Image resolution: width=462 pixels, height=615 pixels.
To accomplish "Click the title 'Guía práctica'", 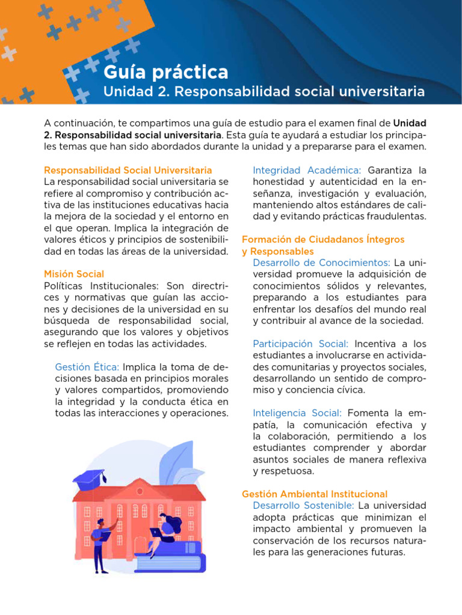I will tap(166, 73).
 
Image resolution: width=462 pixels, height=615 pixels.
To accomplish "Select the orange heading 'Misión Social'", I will tap(74, 274).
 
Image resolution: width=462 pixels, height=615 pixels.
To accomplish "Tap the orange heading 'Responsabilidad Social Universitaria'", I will tap(128, 171).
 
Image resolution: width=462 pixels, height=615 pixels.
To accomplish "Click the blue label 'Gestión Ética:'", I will tap(87, 367).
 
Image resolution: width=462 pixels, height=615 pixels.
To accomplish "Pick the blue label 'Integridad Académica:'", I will tap(307, 171).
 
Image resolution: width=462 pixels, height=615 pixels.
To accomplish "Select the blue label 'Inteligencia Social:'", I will tap(297, 413).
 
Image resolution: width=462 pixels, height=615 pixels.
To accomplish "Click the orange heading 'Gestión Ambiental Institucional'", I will tap(315, 494).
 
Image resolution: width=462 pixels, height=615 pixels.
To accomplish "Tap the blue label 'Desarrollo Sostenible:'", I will tap(303, 506).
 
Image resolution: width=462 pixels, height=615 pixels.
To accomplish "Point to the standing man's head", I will tap(100, 523).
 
